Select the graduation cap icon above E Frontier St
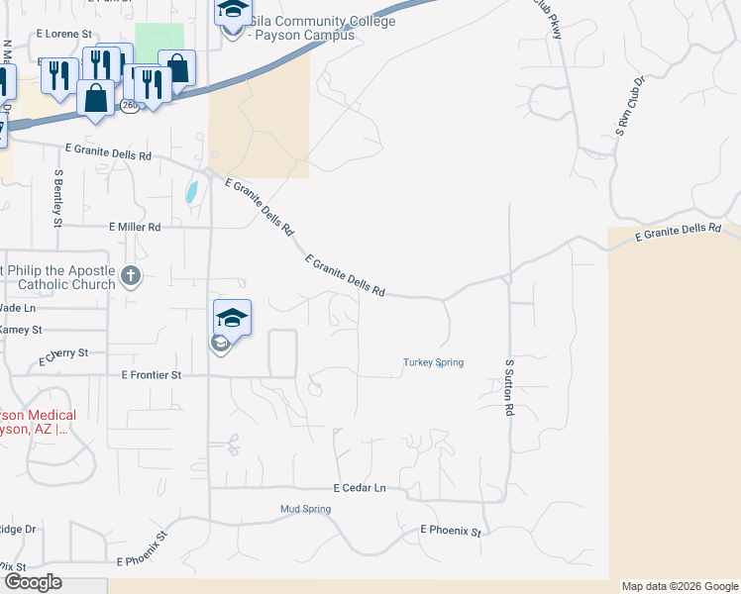click(x=232, y=318)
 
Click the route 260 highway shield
click(x=130, y=104)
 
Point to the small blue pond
click(x=191, y=191)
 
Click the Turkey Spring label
click(x=433, y=362)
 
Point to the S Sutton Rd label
click(x=508, y=387)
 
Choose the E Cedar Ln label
click(x=359, y=488)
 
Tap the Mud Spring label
click(x=304, y=509)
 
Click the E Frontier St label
click(x=151, y=375)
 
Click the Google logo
click(x=33, y=581)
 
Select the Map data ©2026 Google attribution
click(x=680, y=586)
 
